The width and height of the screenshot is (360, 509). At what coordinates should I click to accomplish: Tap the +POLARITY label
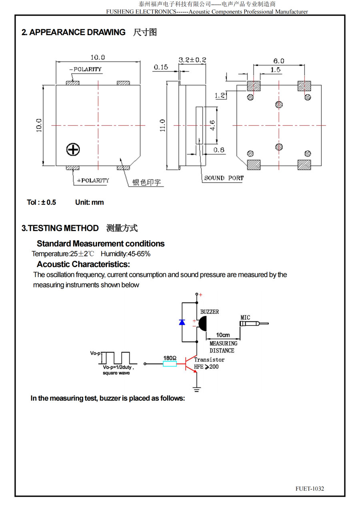point(93,180)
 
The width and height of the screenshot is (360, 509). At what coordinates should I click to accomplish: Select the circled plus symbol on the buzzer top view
point(73,150)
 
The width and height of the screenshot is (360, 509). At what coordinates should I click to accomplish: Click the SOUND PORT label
point(224,178)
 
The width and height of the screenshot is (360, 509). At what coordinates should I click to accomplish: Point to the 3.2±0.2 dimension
point(192,60)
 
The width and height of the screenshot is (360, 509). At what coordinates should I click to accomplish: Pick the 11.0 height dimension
point(162,125)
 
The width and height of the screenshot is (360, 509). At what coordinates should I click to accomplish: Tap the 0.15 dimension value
point(161,67)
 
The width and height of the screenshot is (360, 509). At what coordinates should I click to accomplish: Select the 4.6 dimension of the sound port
point(212,125)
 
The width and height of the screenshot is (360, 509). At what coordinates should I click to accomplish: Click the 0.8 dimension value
point(219,150)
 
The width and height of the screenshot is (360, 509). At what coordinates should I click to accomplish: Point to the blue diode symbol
point(182,322)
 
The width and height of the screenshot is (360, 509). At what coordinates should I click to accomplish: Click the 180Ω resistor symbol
point(170,364)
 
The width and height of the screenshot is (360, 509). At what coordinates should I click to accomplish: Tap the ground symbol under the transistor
point(196,388)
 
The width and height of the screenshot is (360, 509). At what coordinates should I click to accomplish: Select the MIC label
point(245,317)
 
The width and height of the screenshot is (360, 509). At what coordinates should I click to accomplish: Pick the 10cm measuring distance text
point(223,335)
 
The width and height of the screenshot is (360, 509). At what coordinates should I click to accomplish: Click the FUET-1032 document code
point(310,489)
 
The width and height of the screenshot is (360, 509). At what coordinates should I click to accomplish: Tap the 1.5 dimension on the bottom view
point(275,70)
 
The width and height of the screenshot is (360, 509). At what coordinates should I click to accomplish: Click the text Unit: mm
point(89,202)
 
